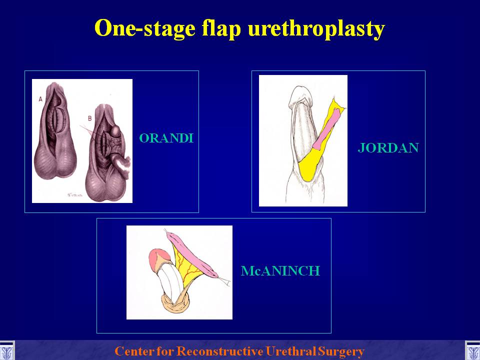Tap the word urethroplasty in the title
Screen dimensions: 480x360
(316, 29)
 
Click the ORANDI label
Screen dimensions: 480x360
(166, 138)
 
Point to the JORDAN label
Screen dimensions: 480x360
(388, 148)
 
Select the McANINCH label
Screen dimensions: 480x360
(280, 271)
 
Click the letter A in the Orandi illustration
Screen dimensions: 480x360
(40, 99)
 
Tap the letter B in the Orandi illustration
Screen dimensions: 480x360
(89, 118)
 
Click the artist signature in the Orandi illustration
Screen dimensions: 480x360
(75, 194)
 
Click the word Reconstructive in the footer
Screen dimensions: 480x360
(220, 351)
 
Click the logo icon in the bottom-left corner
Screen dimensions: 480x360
(6, 351)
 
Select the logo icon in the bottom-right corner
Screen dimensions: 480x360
(472, 351)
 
